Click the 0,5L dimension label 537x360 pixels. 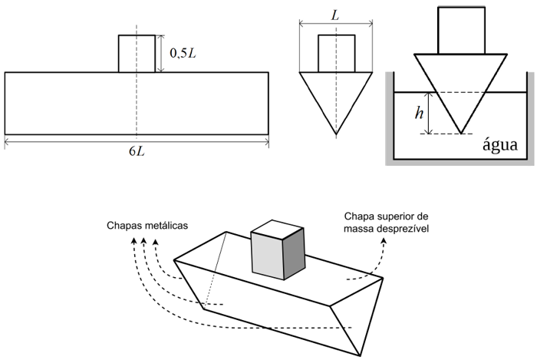tap(184, 54)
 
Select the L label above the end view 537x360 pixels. tap(336, 15)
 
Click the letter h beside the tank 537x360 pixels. tap(418, 113)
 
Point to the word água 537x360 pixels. tap(499, 145)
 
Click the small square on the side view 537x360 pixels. tap(137, 53)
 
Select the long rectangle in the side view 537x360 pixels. tap(77, 103)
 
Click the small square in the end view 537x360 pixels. tap(336, 54)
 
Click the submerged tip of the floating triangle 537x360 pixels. tap(461, 132)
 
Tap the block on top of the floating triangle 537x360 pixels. tap(460, 30)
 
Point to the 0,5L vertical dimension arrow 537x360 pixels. tap(162, 53)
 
